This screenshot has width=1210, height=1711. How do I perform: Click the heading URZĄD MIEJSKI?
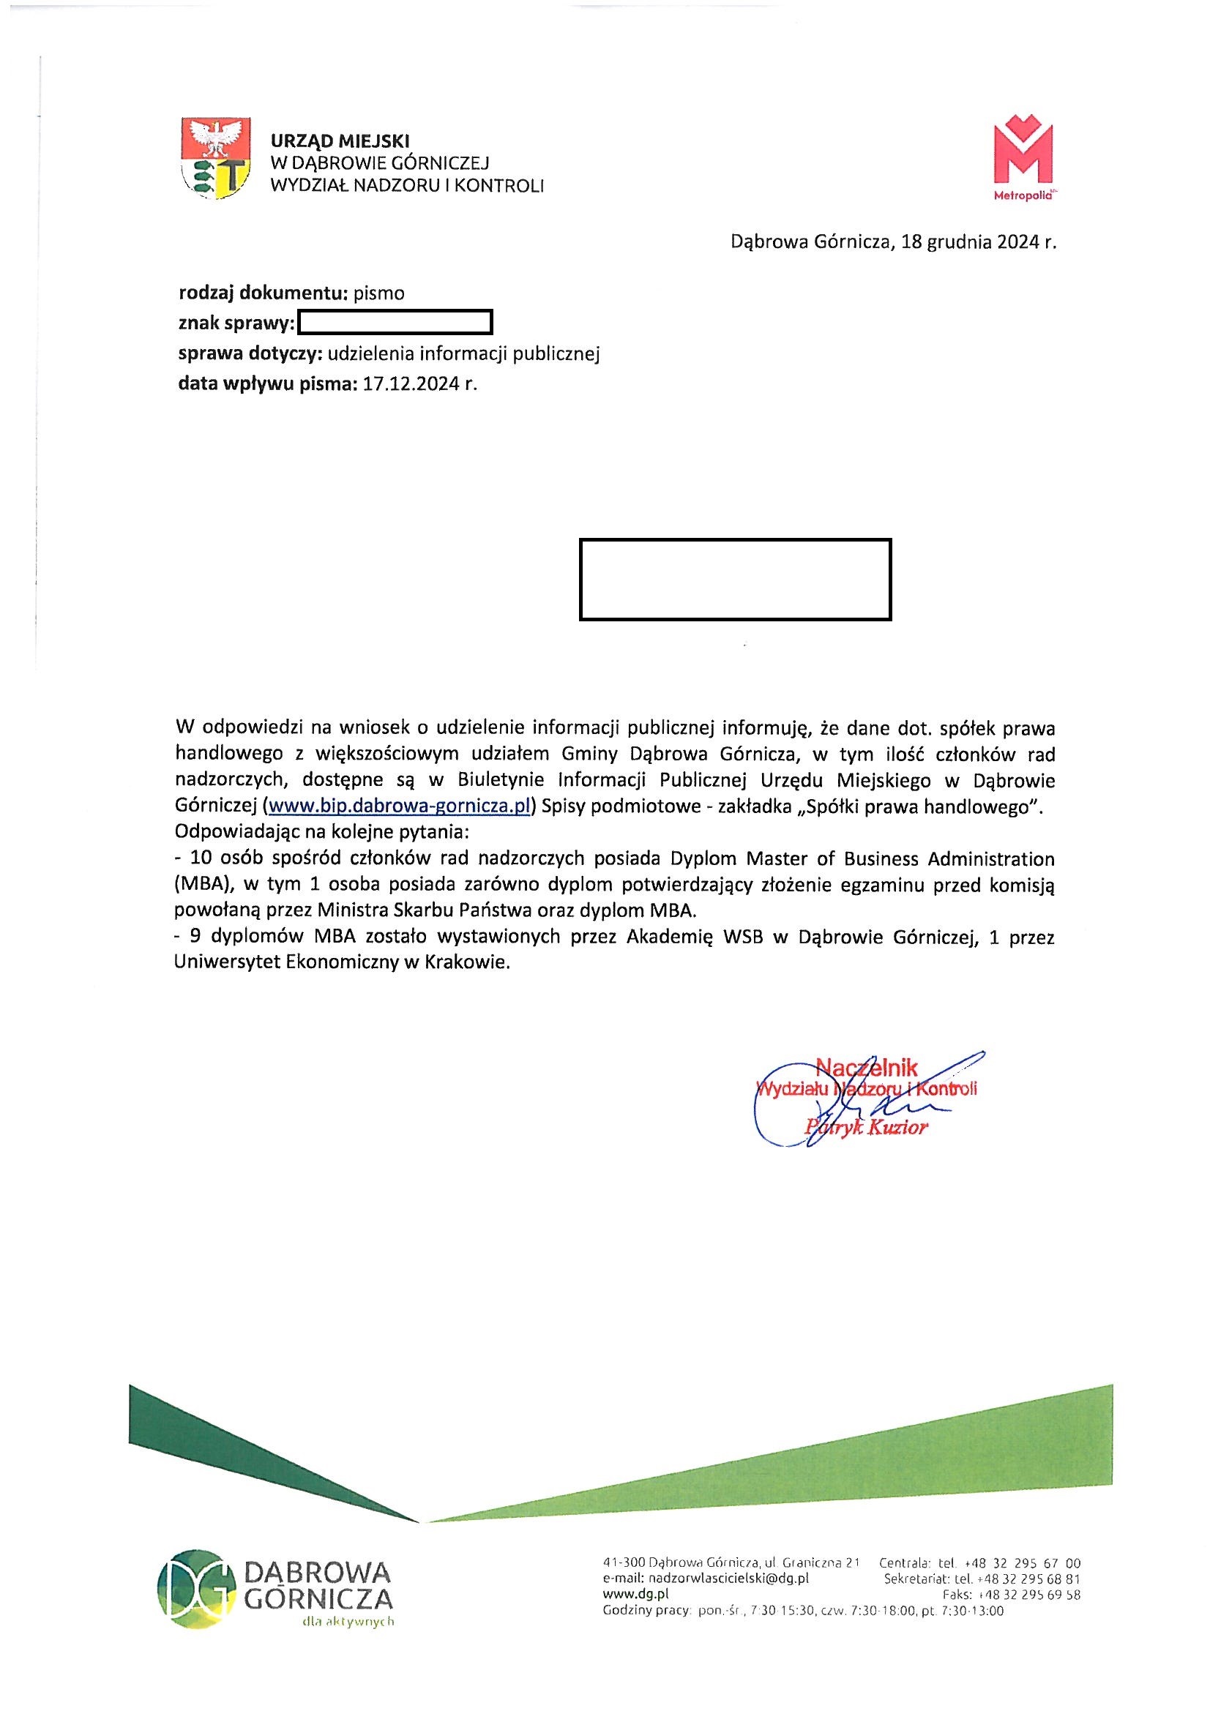(x=340, y=140)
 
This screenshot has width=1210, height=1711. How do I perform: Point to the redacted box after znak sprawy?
(x=395, y=323)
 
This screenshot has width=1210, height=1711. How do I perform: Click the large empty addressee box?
(x=735, y=579)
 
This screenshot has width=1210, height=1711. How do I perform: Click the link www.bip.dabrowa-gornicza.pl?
(x=399, y=807)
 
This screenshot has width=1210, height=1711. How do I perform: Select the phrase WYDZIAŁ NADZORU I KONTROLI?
(x=407, y=186)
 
